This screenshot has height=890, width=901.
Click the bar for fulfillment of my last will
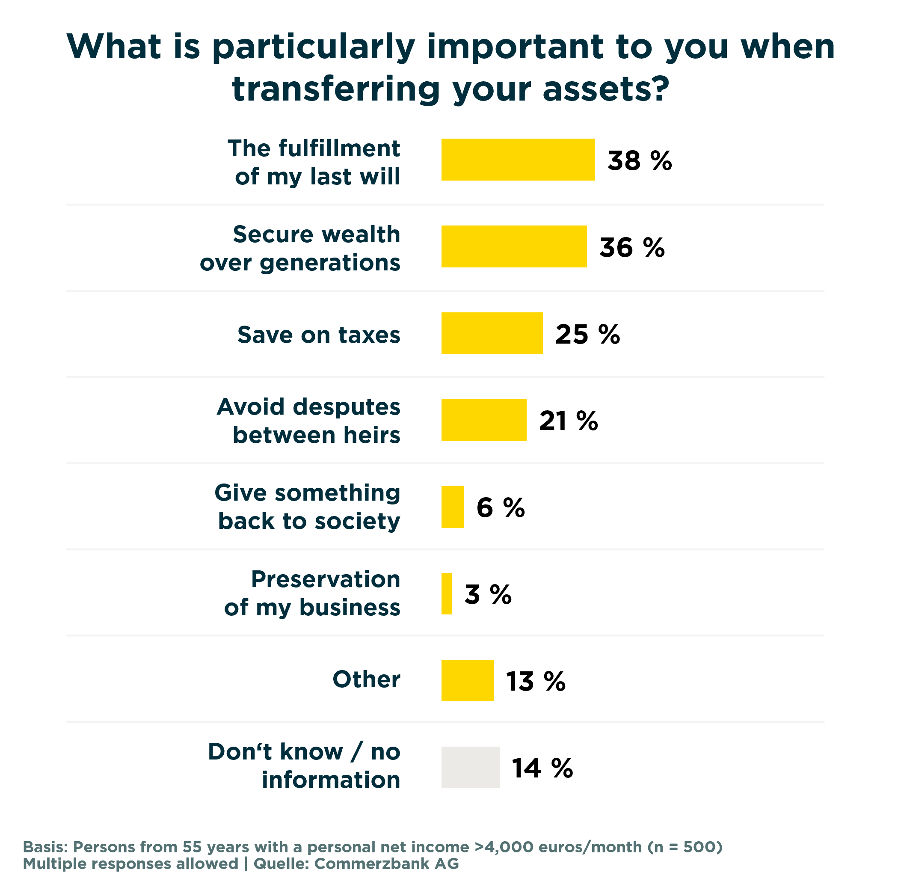(518, 160)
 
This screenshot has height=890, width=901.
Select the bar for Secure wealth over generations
(513, 246)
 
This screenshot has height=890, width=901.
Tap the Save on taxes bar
(492, 333)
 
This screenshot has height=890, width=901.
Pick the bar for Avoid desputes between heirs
(483, 420)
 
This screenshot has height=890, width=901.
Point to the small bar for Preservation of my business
(446, 593)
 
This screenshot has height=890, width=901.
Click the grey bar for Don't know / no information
(470, 767)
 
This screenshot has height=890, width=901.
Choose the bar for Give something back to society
(452, 507)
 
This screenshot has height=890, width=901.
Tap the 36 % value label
(631, 247)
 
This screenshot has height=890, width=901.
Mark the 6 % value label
(501, 507)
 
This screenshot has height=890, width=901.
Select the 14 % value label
(542, 768)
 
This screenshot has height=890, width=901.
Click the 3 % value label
(488, 594)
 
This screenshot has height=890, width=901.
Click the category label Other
(366, 679)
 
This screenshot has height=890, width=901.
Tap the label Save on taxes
(319, 335)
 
